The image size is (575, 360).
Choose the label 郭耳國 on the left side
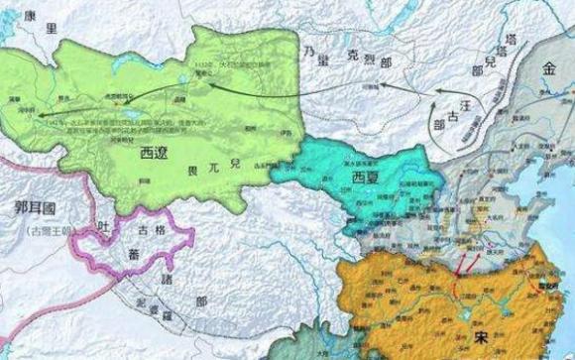[36, 210]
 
